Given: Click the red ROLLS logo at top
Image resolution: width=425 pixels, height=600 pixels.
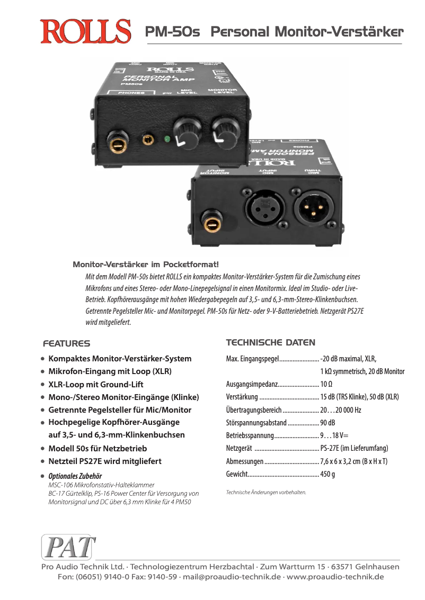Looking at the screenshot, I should click(x=86, y=31).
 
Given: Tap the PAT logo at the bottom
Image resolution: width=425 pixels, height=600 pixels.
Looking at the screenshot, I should click(x=68, y=547).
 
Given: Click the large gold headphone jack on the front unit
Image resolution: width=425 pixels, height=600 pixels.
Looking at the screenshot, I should click(x=117, y=142).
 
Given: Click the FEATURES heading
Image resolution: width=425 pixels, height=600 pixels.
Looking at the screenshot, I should click(x=67, y=343).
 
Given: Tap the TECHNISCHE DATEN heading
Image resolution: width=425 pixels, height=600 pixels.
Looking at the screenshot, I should click(x=270, y=342).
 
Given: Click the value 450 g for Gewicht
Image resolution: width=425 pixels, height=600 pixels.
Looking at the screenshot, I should click(x=327, y=474).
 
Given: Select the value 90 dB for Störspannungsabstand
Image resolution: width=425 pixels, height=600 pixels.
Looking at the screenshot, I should click(x=327, y=423).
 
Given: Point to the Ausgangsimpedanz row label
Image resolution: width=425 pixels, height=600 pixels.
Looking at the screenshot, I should click(x=252, y=384).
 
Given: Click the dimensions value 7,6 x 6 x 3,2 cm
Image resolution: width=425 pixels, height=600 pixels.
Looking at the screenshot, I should click(x=353, y=461).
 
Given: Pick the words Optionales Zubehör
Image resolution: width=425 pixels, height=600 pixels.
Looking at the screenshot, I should click(x=75, y=476).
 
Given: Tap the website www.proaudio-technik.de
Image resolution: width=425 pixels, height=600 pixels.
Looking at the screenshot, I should click(x=335, y=577).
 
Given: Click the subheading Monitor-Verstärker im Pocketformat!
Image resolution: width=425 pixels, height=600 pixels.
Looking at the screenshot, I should click(x=146, y=264).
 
